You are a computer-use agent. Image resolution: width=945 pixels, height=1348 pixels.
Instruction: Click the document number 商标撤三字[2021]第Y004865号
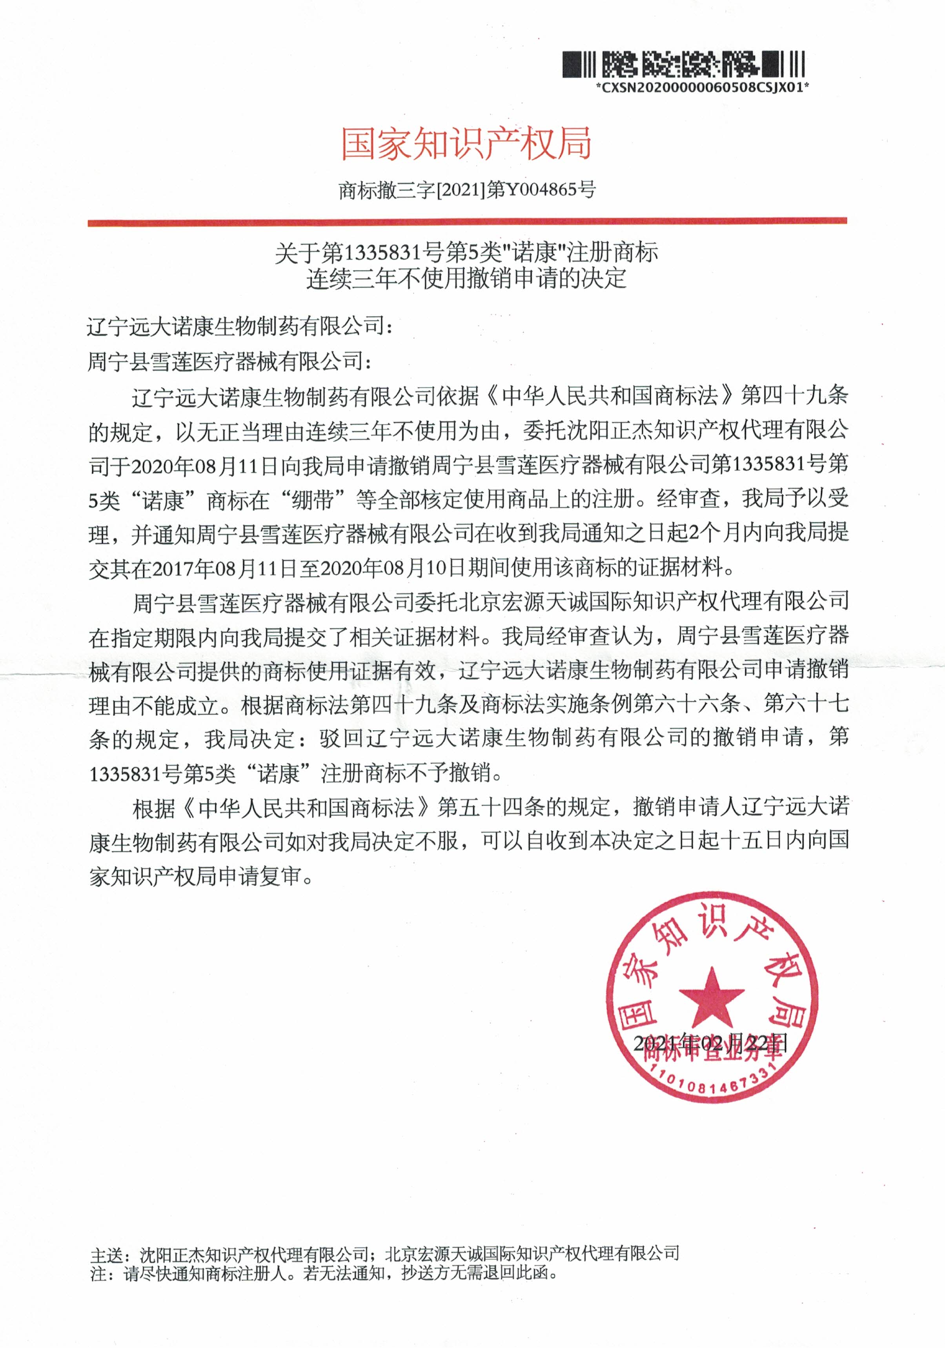click(x=467, y=190)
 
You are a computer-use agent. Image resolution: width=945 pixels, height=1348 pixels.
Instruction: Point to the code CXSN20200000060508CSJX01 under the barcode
click(x=702, y=88)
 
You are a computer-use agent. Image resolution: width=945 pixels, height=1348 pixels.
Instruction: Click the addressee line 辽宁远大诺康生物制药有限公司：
click(x=239, y=326)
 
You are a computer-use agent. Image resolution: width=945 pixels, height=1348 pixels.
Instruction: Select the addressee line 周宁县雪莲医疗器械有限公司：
click(x=229, y=361)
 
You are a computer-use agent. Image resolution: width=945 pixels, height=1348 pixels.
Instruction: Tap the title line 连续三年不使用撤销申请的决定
click(x=467, y=278)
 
